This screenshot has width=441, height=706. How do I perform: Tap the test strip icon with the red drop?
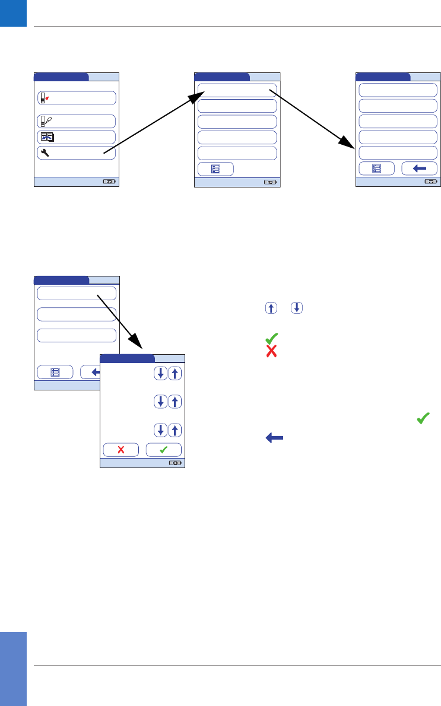click(x=44, y=98)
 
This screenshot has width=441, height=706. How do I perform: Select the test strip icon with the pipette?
click(x=45, y=122)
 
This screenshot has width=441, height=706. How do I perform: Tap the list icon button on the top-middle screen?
click(x=215, y=168)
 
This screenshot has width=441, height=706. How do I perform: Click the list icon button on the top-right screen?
click(x=377, y=168)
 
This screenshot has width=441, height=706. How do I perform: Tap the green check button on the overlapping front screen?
click(x=164, y=449)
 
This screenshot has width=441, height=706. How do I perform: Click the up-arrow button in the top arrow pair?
click(x=175, y=373)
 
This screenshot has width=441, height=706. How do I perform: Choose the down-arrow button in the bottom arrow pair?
click(x=160, y=430)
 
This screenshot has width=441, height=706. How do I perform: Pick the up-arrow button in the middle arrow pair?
click(x=175, y=402)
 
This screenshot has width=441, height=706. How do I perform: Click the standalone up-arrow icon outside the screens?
click(x=270, y=308)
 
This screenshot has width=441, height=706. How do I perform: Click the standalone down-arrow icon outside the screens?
click(x=297, y=308)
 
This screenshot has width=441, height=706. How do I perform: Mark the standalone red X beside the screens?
click(x=271, y=351)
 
